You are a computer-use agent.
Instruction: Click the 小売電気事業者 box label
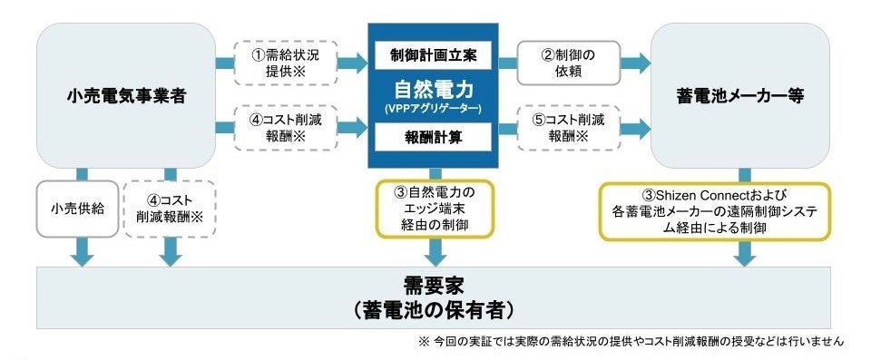pyautogui.click(x=127, y=94)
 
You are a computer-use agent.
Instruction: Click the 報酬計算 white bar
pyautogui.click(x=434, y=139)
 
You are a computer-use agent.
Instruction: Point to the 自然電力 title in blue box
pyautogui.click(x=434, y=89)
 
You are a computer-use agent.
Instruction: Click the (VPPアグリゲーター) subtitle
pyautogui.click(x=434, y=108)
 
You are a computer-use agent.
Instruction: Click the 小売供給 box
pyautogui.click(x=77, y=209)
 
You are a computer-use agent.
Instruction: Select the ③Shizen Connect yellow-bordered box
pyautogui.click(x=714, y=210)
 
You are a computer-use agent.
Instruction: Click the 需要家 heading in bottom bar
pyautogui.click(x=434, y=285)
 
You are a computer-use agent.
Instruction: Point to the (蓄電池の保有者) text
pyautogui.click(x=434, y=309)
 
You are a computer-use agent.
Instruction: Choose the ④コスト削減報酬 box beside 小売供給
pyautogui.click(x=171, y=209)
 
